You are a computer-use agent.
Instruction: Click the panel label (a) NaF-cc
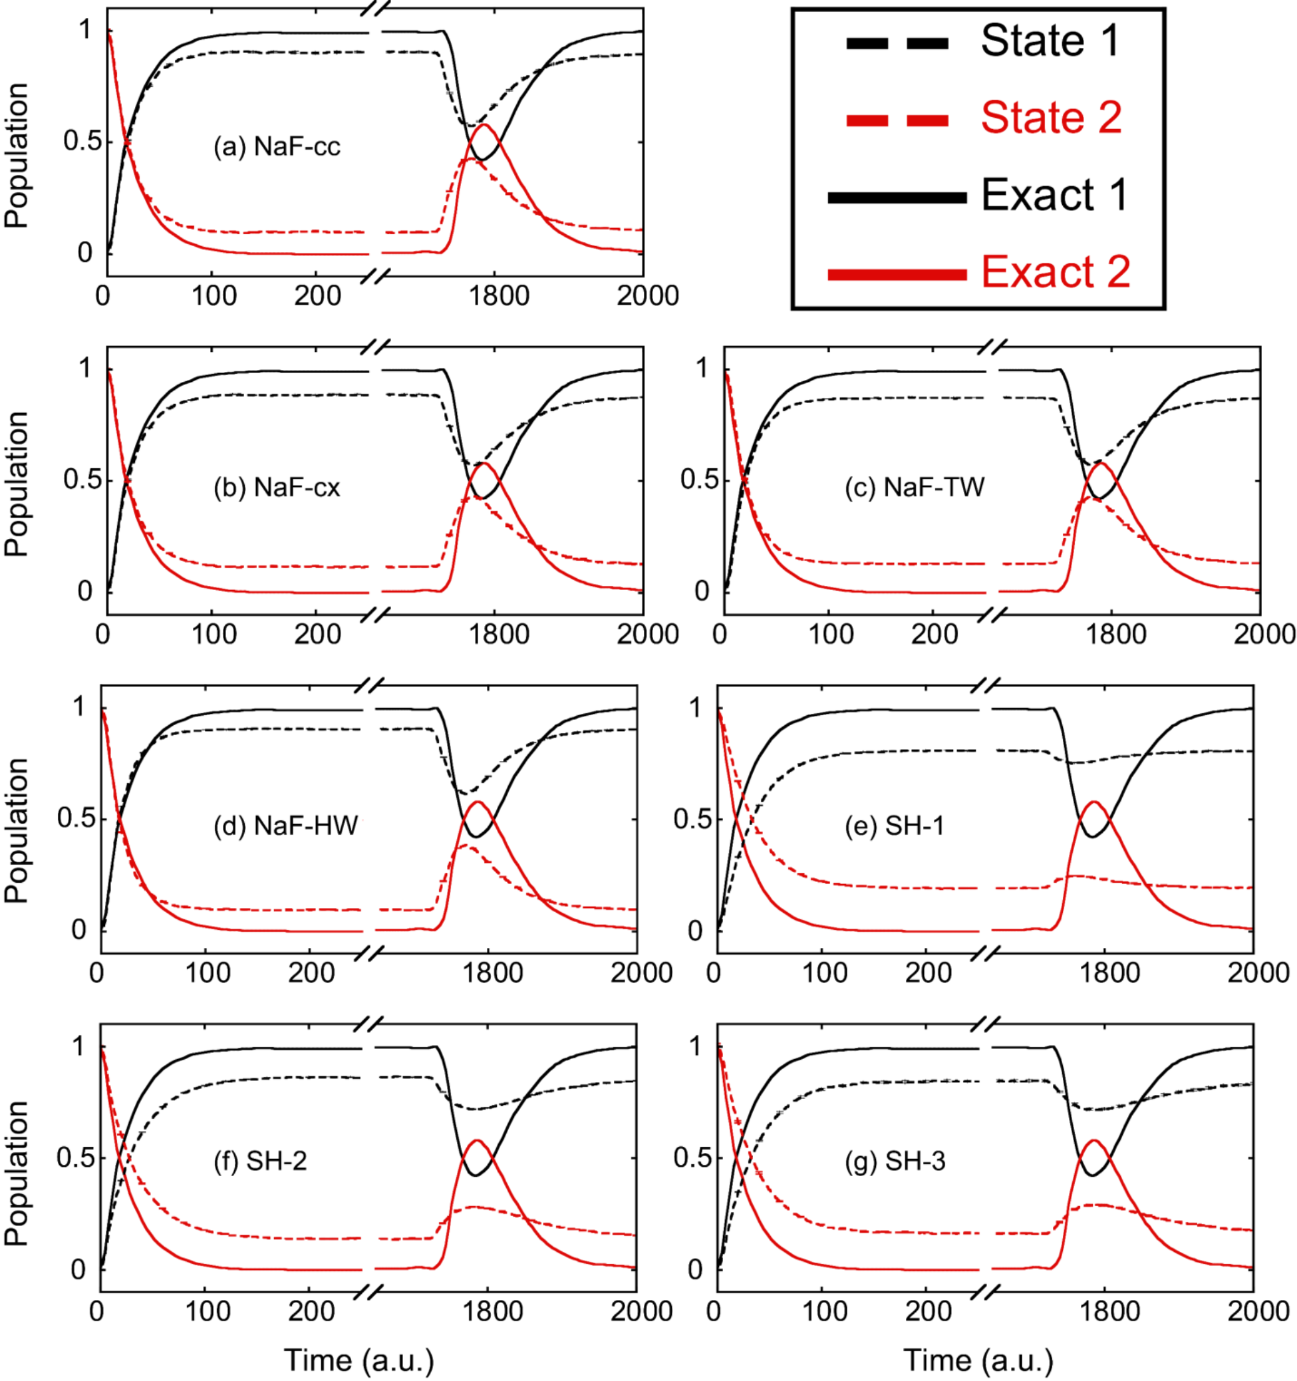click(x=277, y=147)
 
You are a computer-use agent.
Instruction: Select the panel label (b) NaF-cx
click(x=277, y=488)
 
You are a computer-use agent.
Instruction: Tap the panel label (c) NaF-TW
click(x=915, y=488)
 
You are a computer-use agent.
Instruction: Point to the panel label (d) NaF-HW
click(x=285, y=826)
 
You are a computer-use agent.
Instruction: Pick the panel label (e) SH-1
click(x=894, y=826)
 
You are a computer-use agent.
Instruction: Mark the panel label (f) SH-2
click(x=260, y=1161)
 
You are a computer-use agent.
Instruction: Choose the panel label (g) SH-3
click(x=895, y=1161)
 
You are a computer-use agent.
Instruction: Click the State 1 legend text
click(x=1050, y=42)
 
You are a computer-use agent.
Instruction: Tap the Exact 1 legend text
click(x=1054, y=196)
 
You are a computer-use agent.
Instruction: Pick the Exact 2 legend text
click(x=1056, y=271)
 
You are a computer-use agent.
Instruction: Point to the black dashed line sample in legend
click(x=897, y=43)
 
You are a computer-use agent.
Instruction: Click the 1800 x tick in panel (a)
click(x=498, y=296)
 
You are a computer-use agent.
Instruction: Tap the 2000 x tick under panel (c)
click(x=1264, y=634)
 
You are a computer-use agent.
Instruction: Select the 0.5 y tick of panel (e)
click(x=690, y=819)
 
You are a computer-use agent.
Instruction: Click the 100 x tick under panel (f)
click(x=208, y=1311)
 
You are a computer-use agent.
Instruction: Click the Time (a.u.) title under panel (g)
click(x=978, y=1360)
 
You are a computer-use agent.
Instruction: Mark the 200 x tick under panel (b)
click(x=317, y=634)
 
